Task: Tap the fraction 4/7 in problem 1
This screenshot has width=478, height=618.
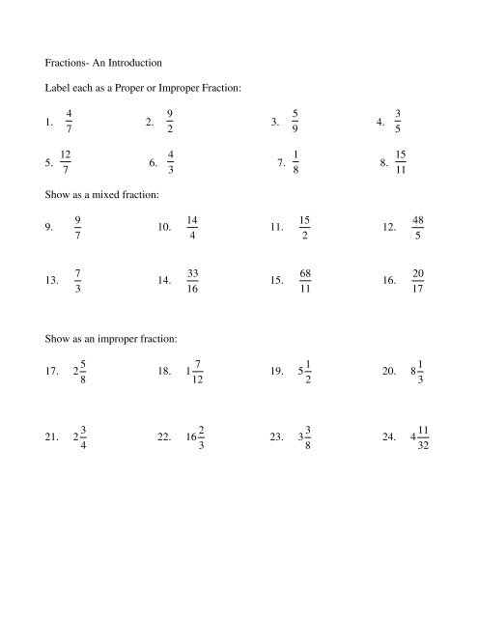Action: tap(69, 123)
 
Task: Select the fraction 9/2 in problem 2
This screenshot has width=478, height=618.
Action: tap(170, 122)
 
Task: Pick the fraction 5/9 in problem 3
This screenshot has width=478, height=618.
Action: tap(294, 122)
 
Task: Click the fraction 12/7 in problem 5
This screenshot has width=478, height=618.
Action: tap(64, 163)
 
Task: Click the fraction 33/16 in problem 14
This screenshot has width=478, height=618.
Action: tap(193, 281)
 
